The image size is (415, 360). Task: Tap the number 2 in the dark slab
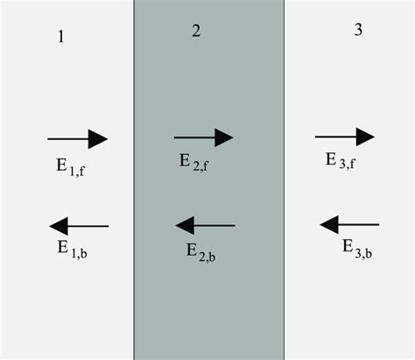(x=196, y=32)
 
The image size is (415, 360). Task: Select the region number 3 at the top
(x=358, y=29)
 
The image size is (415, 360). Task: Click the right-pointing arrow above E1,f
(x=77, y=138)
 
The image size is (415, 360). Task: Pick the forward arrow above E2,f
(x=203, y=138)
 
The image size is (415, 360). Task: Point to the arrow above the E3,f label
(x=344, y=137)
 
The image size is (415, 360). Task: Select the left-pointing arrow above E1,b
(x=78, y=227)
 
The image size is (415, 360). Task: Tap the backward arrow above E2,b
(x=205, y=226)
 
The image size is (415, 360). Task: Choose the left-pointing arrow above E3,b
(x=348, y=226)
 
